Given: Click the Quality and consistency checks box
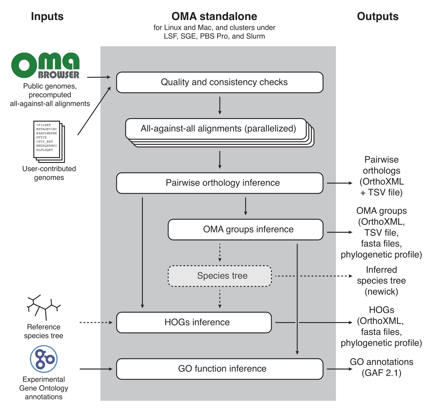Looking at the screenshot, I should point(220,82).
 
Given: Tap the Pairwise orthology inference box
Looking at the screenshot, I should point(220,183).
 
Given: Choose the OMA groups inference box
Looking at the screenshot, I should point(245,229).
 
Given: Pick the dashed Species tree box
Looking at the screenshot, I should point(220,276).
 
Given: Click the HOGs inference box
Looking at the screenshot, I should point(194,323).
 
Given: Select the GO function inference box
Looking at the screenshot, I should point(220,369).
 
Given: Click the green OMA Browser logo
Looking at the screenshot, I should point(45,66).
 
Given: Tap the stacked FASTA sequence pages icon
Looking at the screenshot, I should point(49,141).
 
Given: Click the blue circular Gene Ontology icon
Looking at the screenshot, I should point(44,359).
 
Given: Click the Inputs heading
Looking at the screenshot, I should point(47,16).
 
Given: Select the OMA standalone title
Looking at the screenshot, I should point(214,16).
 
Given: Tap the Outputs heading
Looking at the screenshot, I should point(378,16).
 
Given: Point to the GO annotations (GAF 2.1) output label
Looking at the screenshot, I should point(381,367).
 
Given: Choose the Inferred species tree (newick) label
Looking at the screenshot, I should point(381,281).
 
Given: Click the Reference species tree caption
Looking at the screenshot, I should point(44,331).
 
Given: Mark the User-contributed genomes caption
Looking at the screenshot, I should point(49,173).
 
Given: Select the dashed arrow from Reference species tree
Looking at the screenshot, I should point(96,323).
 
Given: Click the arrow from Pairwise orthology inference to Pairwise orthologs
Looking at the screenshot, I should point(339,183).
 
